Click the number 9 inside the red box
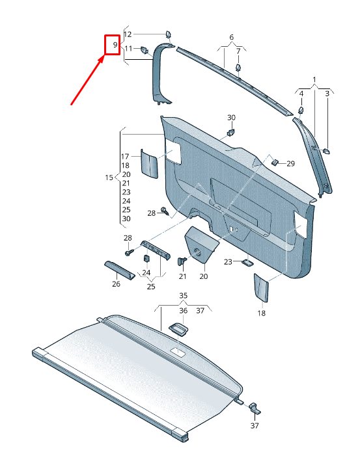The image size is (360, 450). [x=115, y=45]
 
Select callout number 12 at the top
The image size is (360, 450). [x=128, y=34]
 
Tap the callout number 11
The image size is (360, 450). [x=128, y=49]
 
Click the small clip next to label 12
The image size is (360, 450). [x=168, y=34]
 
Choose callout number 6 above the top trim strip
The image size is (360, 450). [x=230, y=36]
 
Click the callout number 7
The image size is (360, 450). [x=238, y=51]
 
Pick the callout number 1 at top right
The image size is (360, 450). [x=314, y=79]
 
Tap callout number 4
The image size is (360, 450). [x=301, y=94]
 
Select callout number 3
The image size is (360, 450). [x=327, y=94]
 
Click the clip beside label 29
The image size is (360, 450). [x=275, y=161]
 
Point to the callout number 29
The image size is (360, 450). [x=290, y=163]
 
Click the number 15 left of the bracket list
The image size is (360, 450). [x=109, y=178]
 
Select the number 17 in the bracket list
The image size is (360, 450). [x=126, y=157]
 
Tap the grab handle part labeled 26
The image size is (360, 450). [x=120, y=269]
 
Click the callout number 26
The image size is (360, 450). [x=116, y=284]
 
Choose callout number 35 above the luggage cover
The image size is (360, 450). [x=183, y=295]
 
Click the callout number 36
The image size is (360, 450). [x=183, y=310]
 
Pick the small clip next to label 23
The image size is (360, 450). [x=248, y=262]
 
